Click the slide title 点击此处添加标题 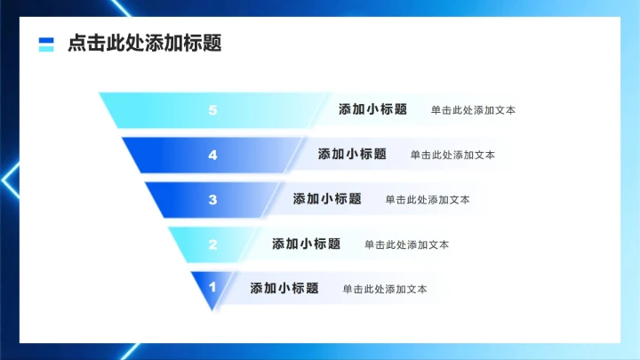coord(144,44)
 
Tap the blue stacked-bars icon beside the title coord(46,44)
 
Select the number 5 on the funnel coord(212,110)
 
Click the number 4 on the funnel coord(212,155)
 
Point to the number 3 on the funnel coord(212,199)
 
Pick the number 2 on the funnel coord(212,244)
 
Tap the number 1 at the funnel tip coord(212,287)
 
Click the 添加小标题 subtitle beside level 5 coord(372,110)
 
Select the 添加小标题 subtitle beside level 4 coord(352,154)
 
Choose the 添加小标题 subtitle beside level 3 coord(327,199)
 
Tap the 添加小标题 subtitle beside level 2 coord(306,244)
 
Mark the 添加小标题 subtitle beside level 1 coord(284,288)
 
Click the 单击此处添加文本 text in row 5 coord(473,111)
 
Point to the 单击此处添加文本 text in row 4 coord(452,155)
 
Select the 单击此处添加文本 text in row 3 coord(428,200)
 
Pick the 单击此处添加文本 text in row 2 coord(406,244)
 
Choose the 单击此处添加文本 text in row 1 coord(385,289)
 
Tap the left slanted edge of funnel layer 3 coord(153,199)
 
